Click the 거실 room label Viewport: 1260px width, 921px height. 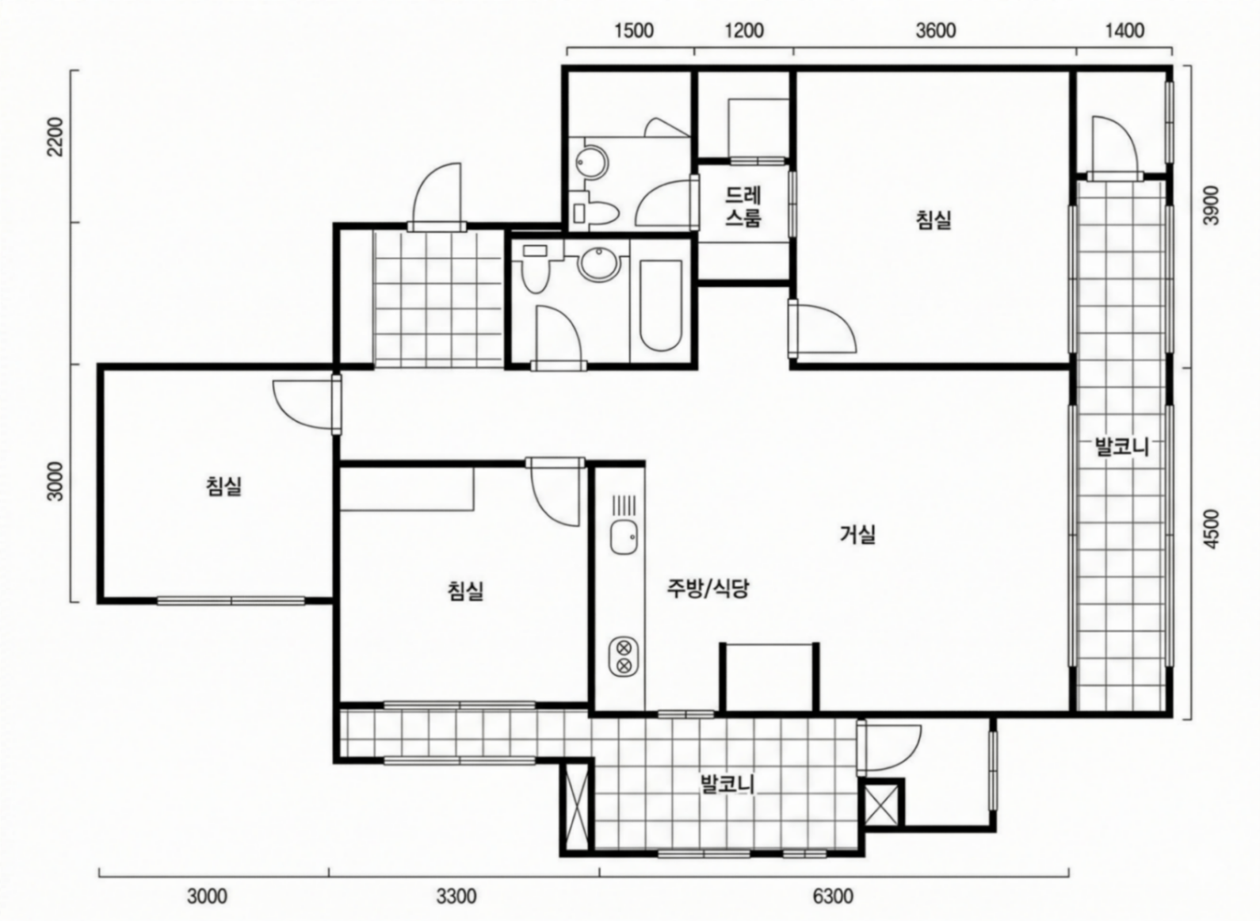pos(857,534)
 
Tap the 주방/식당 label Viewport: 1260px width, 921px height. pos(708,588)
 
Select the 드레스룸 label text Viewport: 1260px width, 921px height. pos(743,206)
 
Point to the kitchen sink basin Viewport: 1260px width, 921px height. pos(624,537)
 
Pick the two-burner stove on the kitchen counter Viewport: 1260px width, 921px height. pos(623,656)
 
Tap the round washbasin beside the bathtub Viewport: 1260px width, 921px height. pos(600,265)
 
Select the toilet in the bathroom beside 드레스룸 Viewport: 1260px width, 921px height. pos(594,212)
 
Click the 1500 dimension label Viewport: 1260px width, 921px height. pos(633,30)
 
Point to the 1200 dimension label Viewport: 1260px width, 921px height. pos(744,30)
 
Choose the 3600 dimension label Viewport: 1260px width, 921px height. pos(935,30)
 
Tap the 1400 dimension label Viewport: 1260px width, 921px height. pos(1124,30)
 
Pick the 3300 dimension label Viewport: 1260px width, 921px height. pos(456,896)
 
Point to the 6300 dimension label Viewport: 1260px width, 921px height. pos(833,896)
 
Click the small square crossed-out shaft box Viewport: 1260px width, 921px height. pos(882,804)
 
